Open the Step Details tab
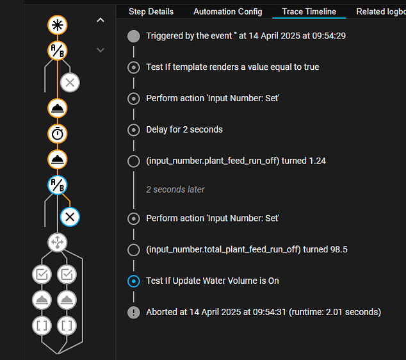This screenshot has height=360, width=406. pyautogui.click(x=150, y=12)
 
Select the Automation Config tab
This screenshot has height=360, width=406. pyautogui.click(x=227, y=12)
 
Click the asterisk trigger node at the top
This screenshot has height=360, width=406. pyautogui.click(x=58, y=25)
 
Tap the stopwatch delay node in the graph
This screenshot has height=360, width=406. pyautogui.click(x=58, y=133)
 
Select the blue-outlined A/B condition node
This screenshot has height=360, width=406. pyautogui.click(x=58, y=185)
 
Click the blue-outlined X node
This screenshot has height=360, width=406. pyautogui.click(x=70, y=217)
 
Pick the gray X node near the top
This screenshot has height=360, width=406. pyautogui.click(x=70, y=82)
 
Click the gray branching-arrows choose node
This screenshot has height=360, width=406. pyautogui.click(x=58, y=242)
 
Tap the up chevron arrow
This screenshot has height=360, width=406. pyautogui.click(x=100, y=20)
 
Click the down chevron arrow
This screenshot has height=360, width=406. pyautogui.click(x=100, y=50)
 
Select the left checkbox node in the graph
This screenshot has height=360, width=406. pyautogui.click(x=42, y=275)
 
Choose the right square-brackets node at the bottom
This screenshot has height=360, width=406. pyautogui.click(x=67, y=325)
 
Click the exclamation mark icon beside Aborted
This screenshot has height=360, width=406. pyautogui.click(x=133, y=312)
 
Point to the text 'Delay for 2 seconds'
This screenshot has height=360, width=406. pyautogui.click(x=184, y=129)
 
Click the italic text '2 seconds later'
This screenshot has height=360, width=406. pyautogui.click(x=175, y=190)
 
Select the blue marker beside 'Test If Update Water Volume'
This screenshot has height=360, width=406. pyautogui.click(x=133, y=281)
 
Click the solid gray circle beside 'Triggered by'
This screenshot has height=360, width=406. pyautogui.click(x=133, y=37)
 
